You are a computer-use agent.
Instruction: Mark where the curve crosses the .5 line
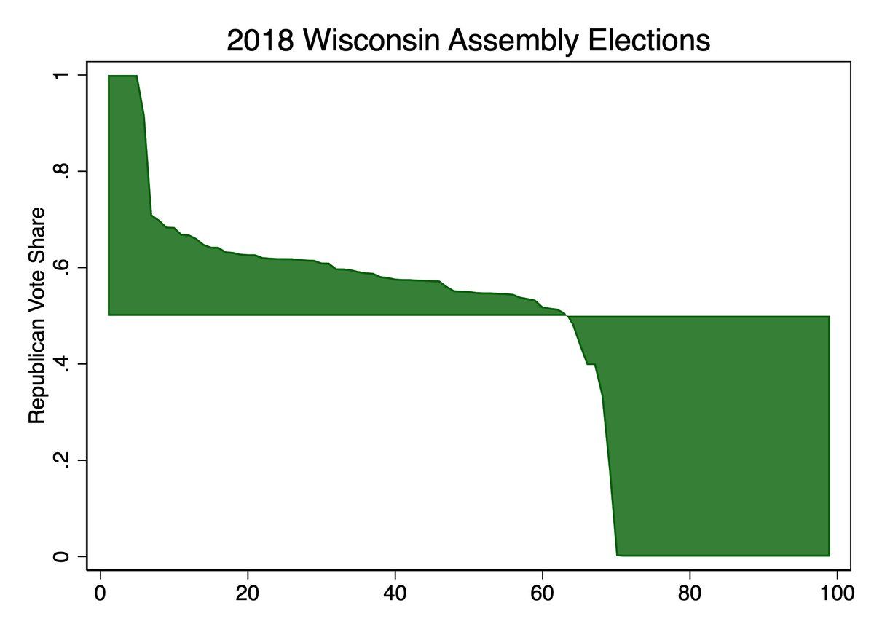point(567,316)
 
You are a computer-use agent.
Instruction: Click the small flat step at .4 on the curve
point(591,364)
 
